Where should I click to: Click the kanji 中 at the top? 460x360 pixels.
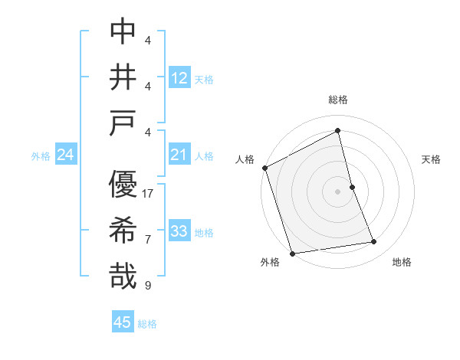click(x=123, y=31)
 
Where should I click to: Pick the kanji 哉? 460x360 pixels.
click(x=123, y=277)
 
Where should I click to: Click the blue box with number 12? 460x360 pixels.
click(x=179, y=77)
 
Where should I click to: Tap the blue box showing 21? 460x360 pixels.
click(x=179, y=155)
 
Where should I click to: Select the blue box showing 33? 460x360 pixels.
click(x=179, y=231)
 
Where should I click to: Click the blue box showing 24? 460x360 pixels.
click(x=66, y=155)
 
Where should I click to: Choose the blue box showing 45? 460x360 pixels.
click(x=123, y=322)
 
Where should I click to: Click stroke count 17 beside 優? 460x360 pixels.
click(x=148, y=194)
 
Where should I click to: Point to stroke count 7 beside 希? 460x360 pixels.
click(x=148, y=240)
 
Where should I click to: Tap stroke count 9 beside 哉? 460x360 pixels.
click(x=148, y=286)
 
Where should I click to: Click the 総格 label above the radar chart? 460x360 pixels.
click(x=338, y=100)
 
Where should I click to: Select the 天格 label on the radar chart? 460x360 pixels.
click(x=432, y=159)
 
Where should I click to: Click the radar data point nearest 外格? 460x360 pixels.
click(x=292, y=253)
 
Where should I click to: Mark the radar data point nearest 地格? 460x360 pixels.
click(x=374, y=242)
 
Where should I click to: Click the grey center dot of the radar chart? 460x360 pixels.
click(x=338, y=191)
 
